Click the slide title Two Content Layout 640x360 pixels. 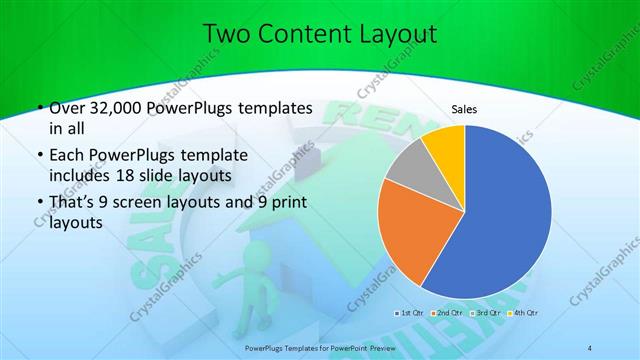point(319,34)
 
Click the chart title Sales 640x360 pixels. point(464,108)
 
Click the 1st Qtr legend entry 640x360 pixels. point(410,312)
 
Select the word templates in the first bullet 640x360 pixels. point(272,108)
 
